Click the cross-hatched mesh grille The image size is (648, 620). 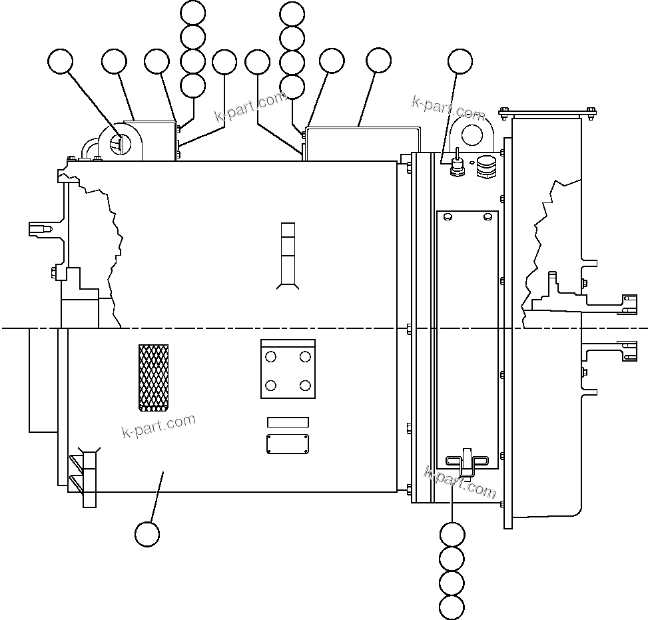(x=153, y=377)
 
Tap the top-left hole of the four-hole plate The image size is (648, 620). (x=270, y=357)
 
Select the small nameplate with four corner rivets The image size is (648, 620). (x=288, y=444)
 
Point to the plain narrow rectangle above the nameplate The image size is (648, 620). (x=288, y=422)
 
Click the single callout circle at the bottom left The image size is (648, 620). (x=147, y=533)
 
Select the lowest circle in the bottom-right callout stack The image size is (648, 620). (x=452, y=607)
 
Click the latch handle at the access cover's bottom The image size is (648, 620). (x=466, y=460)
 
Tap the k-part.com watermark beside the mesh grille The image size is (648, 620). (x=159, y=426)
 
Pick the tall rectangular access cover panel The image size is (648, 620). (x=467, y=340)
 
